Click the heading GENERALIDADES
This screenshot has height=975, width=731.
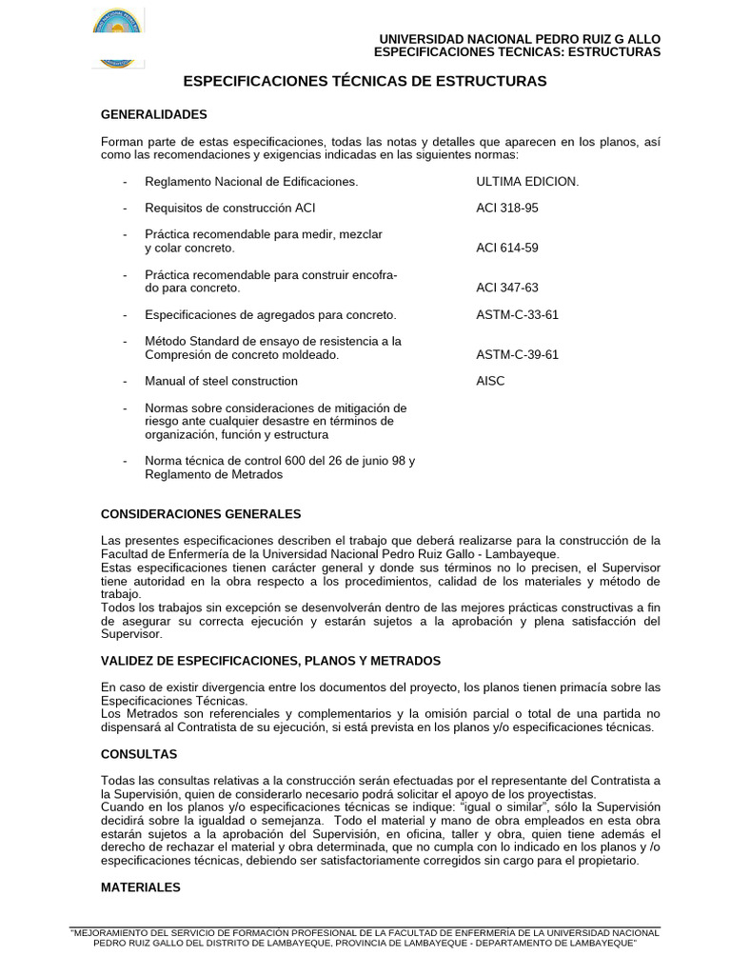(153, 114)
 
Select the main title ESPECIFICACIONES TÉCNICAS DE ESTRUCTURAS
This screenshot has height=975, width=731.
(365, 82)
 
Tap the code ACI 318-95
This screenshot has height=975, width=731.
(506, 208)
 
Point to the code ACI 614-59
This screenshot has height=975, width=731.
(506, 248)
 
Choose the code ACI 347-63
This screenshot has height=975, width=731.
(506, 288)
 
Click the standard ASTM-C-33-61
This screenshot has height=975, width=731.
(517, 314)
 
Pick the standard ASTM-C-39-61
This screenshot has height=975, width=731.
(517, 354)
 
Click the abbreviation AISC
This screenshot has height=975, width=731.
(490, 381)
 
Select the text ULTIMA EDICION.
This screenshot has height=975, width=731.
(526, 181)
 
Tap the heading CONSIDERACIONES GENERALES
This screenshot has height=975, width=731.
(201, 514)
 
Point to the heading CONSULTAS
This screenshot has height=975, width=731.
(139, 754)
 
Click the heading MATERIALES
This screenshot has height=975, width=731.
(141, 886)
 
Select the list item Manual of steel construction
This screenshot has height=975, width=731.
(221, 381)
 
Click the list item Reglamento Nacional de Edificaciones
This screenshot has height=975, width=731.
(251, 181)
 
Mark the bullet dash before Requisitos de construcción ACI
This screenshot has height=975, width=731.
(125, 208)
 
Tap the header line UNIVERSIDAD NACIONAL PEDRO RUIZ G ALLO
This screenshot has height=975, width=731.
(519, 38)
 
